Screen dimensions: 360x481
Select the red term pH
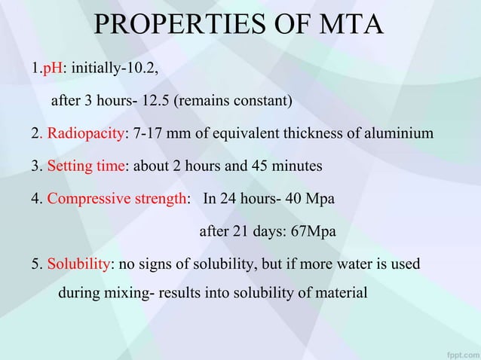point(52,69)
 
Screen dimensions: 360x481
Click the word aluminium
point(400,134)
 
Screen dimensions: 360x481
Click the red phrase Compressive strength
point(116,199)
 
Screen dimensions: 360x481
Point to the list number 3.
point(35,166)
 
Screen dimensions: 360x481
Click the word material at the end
point(340,292)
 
